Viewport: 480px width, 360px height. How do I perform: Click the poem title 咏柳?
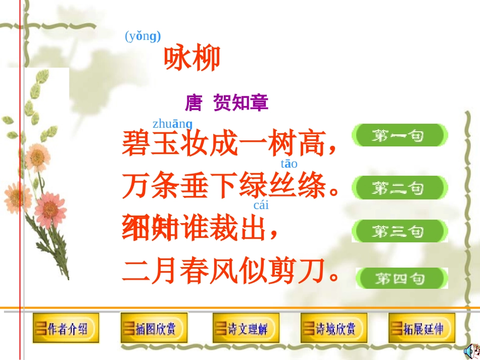192,59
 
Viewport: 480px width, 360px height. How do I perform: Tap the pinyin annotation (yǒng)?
142,36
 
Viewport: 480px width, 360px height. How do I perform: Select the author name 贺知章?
241,103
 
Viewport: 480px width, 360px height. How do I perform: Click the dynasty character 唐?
194,103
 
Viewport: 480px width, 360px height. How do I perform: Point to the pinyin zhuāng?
172,124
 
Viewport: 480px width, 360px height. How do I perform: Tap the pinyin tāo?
289,164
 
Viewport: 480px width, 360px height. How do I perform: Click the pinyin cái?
261,205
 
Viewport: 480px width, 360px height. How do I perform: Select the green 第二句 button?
400,188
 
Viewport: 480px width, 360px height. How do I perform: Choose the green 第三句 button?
400,231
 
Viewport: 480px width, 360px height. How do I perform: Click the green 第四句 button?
402,278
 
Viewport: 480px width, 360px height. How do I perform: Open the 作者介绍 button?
66,329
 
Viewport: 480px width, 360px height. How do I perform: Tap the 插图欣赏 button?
154,329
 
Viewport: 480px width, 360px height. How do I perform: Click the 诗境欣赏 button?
334,329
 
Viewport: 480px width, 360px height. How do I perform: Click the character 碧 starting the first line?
136,143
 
